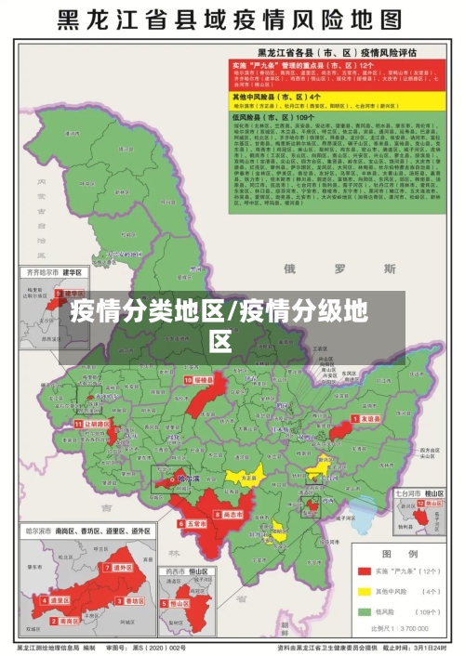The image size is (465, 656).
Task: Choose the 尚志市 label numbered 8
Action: pyautogui.click(x=232, y=514)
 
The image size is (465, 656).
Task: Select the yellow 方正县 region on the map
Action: pyautogui.click(x=246, y=477)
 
